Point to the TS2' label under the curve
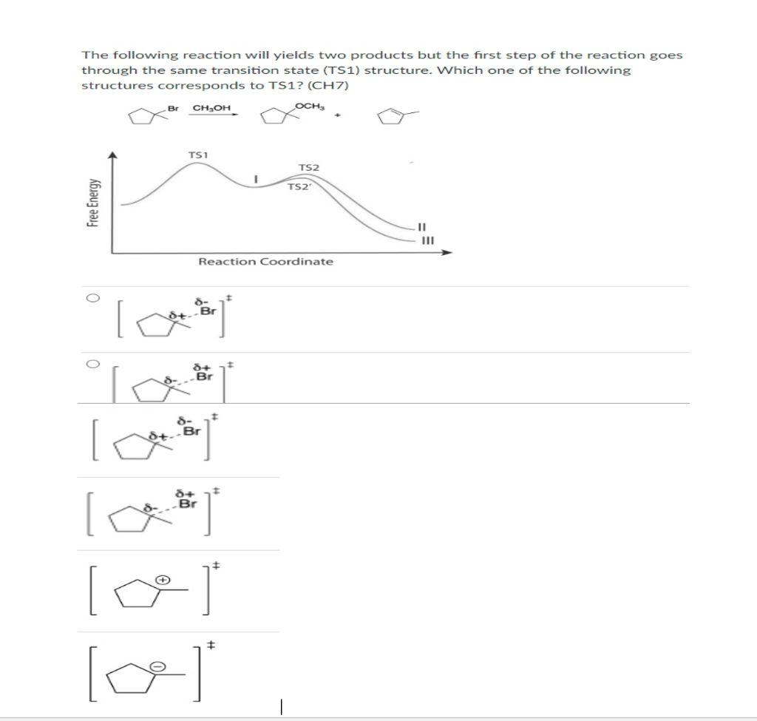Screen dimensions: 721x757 [298, 186]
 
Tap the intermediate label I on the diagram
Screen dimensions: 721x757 [254, 178]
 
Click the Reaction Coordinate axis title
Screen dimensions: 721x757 [265, 262]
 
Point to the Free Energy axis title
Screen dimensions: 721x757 [92, 204]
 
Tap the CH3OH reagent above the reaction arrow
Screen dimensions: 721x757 [211, 109]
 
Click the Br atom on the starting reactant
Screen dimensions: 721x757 [174, 108]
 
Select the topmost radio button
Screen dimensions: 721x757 [90, 298]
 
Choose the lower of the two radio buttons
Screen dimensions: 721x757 [90, 364]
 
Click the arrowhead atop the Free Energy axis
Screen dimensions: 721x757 [112, 155]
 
